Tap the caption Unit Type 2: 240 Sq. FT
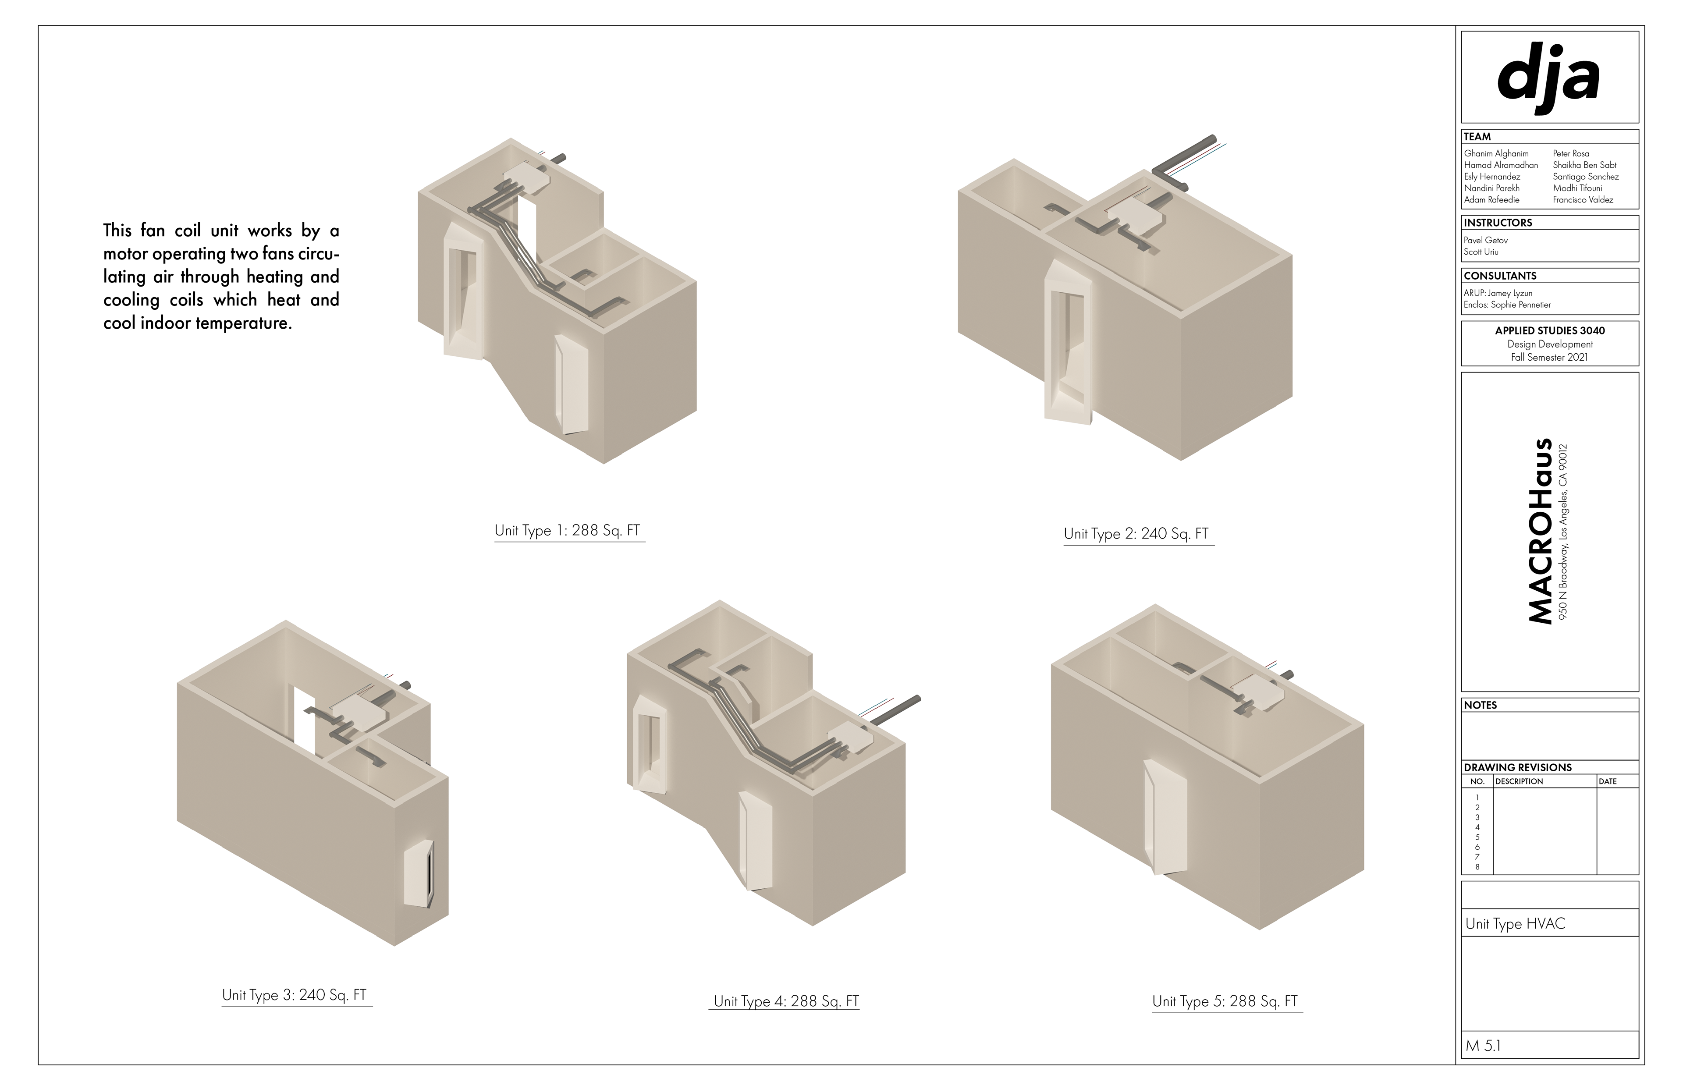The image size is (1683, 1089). coord(1136,534)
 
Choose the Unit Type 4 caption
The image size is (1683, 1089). coord(786,1001)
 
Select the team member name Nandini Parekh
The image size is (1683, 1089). coord(1491,188)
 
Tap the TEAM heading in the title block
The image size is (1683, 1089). coord(1477,136)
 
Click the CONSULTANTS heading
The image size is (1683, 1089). coord(1500,276)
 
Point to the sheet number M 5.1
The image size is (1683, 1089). coord(1483,1046)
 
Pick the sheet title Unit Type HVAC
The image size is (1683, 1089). coord(1516,923)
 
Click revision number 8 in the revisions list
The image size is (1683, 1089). coord(1477,867)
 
